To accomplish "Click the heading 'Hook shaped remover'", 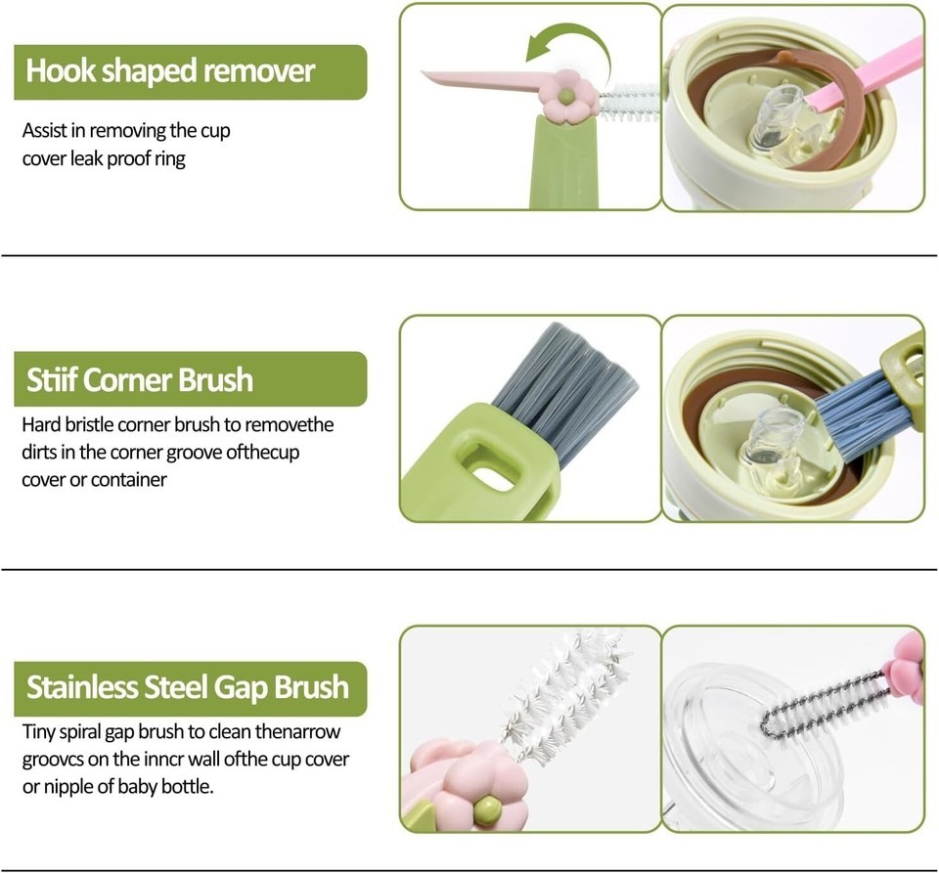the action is [170, 71].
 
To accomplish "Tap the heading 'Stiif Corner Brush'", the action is [140, 379].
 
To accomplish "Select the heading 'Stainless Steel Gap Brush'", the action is [188, 687].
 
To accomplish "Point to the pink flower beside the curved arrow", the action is [566, 97].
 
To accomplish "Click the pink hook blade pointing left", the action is [485, 82].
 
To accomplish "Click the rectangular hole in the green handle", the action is [486, 466].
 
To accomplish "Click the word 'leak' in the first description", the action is [87, 158].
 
